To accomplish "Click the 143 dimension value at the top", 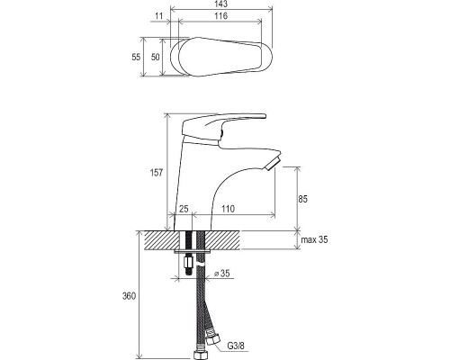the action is pyautogui.click(x=221, y=4).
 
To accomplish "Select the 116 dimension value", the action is pyautogui.click(x=220, y=16).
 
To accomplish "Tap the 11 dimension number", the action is pyautogui.click(x=159, y=16).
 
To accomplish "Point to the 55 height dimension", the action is pyautogui.click(x=136, y=57).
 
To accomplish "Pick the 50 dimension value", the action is pyautogui.click(x=155, y=57).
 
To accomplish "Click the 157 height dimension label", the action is pyautogui.click(x=157, y=173).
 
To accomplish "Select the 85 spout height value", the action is pyautogui.click(x=303, y=199).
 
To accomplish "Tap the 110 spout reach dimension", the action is pyautogui.click(x=229, y=209).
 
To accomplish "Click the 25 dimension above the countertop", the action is pyautogui.click(x=184, y=209).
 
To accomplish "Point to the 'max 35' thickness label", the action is pyautogui.click(x=314, y=239).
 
